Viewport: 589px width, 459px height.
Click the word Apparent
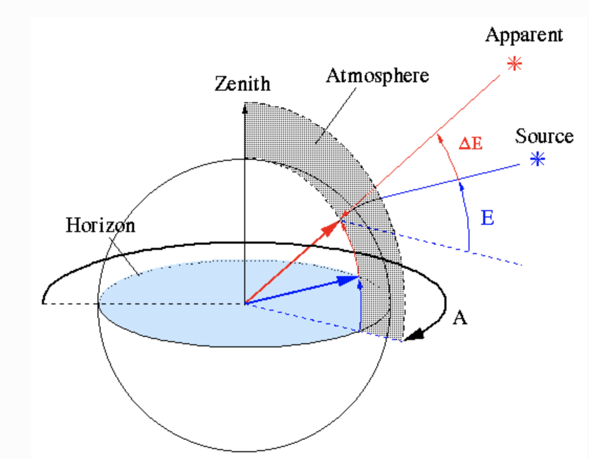pyautogui.click(x=523, y=36)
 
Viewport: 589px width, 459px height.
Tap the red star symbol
pyautogui.click(x=515, y=65)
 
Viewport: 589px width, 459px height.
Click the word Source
pyautogui.click(x=544, y=136)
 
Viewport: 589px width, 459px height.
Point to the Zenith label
pyautogui.click(x=243, y=84)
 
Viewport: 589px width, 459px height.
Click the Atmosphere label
pyautogui.click(x=377, y=75)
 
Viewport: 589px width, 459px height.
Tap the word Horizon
pyautogui.click(x=101, y=225)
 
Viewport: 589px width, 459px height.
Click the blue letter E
pyautogui.click(x=487, y=218)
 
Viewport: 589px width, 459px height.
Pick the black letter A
pyautogui.click(x=460, y=318)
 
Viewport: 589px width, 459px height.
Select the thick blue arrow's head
pyautogui.click(x=348, y=280)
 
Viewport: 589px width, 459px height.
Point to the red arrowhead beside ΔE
pyautogui.click(x=439, y=137)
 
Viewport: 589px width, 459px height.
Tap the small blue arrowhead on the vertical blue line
pyautogui.click(x=360, y=286)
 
